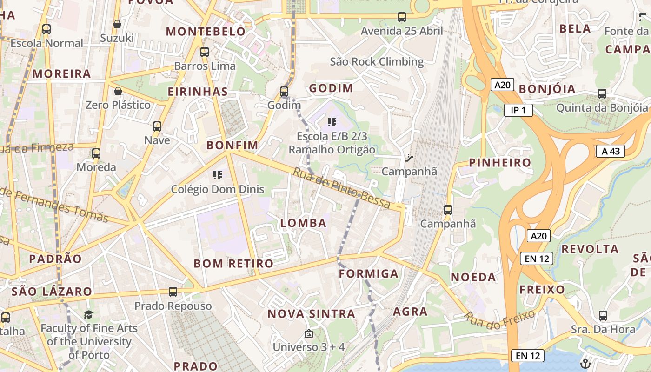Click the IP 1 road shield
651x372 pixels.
tap(518, 110)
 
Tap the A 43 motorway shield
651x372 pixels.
tap(610, 151)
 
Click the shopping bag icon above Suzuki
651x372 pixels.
tap(117, 24)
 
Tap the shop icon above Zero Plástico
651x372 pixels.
tap(118, 91)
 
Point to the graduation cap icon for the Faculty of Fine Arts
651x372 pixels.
tap(88, 315)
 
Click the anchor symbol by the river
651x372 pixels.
tap(585, 363)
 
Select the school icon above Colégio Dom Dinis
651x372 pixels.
tap(217, 175)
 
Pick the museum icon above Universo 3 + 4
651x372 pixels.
tap(308, 333)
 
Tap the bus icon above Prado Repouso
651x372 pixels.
tap(173, 292)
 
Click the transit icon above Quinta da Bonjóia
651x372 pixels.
tap(602, 94)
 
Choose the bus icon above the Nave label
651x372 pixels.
tap(157, 126)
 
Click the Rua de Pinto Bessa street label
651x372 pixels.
tap(341, 187)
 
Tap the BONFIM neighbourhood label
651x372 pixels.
tap(232, 145)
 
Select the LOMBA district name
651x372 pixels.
tap(303, 223)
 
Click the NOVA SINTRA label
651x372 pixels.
tap(311, 314)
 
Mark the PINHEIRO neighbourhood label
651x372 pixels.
tap(500, 163)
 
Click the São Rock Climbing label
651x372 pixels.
tap(377, 61)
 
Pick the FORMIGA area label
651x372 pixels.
tap(369, 273)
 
